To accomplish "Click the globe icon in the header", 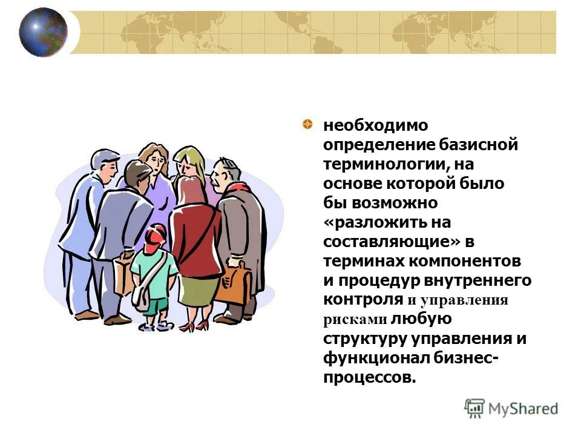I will click(x=43, y=32).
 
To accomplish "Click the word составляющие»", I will click(x=392, y=241).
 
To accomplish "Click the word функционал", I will click(x=375, y=357).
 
